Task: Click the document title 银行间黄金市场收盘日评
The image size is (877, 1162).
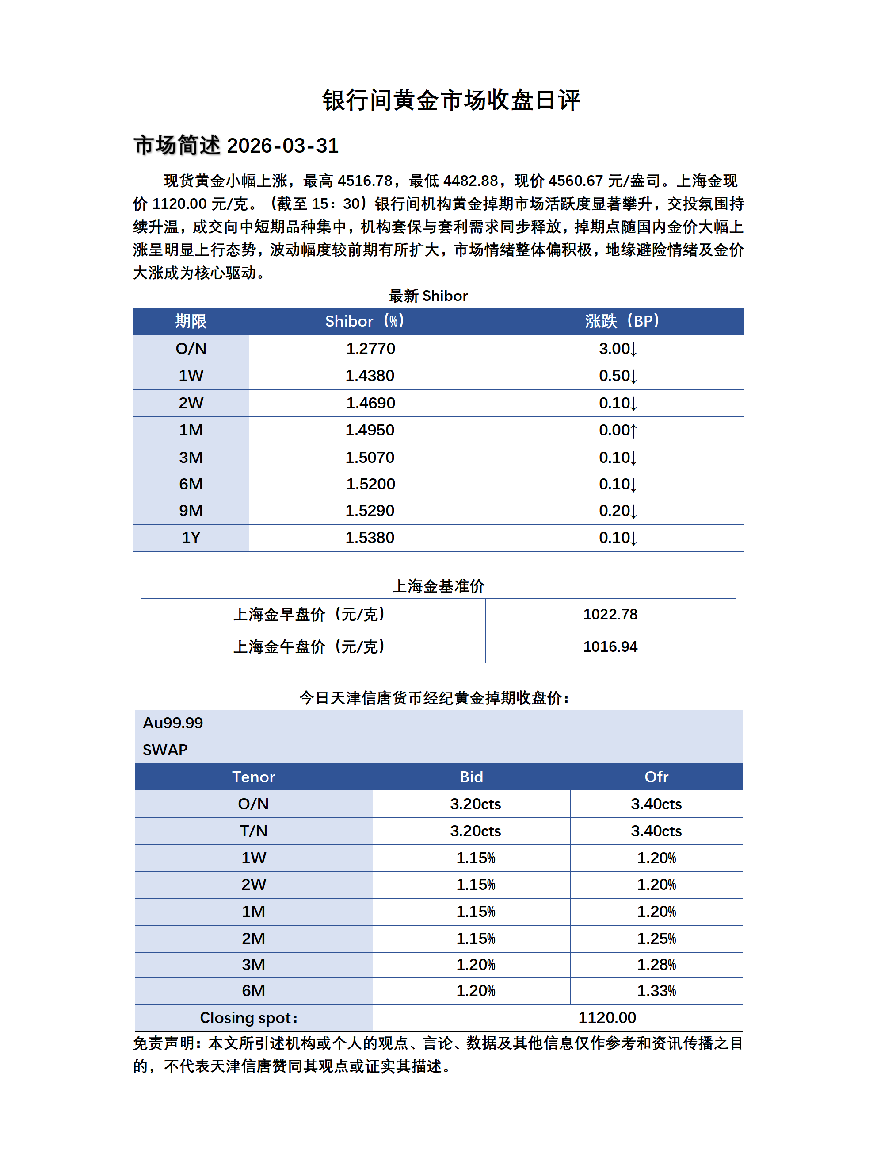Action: [451, 100]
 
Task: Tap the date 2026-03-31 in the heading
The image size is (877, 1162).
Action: [283, 146]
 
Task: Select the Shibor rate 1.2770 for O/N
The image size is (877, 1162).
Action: [370, 349]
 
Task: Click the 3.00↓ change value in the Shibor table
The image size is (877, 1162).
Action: [618, 349]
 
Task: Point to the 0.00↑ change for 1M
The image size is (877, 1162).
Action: [618, 430]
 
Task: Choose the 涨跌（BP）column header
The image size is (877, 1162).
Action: [622, 321]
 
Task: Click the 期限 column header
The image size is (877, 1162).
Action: [191, 321]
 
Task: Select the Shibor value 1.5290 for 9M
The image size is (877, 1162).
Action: [370, 511]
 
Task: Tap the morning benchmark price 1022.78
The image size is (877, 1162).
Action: [610, 615]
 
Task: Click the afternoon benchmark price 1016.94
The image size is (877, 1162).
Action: [610, 646]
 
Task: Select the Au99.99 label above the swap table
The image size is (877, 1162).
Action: [173, 723]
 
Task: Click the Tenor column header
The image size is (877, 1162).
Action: [253, 777]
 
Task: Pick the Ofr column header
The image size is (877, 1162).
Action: [656, 777]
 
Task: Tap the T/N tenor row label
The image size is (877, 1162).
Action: [253, 831]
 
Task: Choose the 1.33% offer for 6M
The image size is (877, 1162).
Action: [656, 991]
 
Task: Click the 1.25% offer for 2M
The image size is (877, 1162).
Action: [656, 938]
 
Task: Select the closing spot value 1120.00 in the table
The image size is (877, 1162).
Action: [607, 1018]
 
